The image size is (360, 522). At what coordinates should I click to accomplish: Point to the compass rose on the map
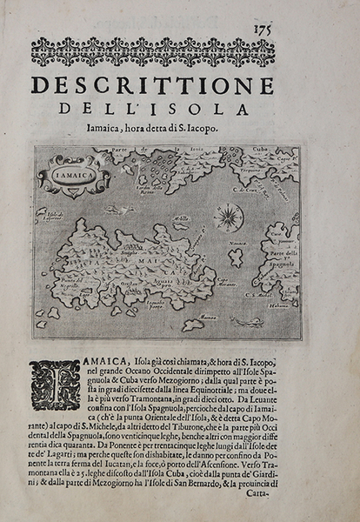pos(228,216)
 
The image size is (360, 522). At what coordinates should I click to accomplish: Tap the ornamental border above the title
pos(151,53)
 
